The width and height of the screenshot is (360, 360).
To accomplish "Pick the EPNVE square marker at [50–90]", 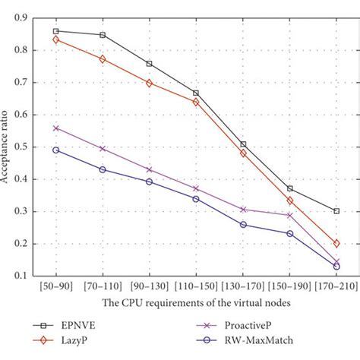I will click(x=55, y=31).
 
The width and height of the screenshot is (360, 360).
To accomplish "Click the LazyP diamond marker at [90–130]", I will click(x=149, y=83).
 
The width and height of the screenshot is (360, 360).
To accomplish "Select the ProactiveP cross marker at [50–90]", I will click(x=55, y=128).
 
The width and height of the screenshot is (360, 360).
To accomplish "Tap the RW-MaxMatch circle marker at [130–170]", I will click(x=243, y=225).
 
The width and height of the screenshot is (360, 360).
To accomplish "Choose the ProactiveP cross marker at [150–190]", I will click(x=289, y=215).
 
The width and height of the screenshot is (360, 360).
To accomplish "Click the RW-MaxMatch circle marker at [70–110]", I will click(x=103, y=169).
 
